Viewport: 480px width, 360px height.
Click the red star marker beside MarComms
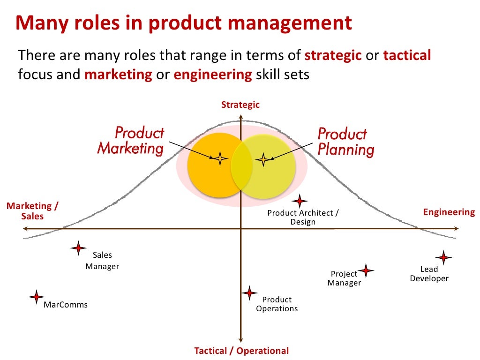tap(36, 297)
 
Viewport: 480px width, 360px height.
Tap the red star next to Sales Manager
tap(78, 248)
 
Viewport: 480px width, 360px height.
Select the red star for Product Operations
tap(249, 293)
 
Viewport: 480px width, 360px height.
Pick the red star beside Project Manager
tap(366, 270)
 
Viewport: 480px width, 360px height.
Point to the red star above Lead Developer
tap(443, 257)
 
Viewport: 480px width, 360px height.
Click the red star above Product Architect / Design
tap(300, 201)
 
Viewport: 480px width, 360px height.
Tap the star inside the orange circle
tap(219, 158)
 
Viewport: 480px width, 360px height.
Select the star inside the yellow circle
tap(263, 159)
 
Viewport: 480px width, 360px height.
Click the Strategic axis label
tap(240, 105)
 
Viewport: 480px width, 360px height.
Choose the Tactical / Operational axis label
tap(241, 351)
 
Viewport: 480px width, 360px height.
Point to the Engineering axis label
tap(449, 212)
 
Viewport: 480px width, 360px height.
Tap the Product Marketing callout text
tap(131, 141)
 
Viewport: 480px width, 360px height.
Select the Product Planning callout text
tap(346, 142)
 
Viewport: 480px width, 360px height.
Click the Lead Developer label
tap(429, 274)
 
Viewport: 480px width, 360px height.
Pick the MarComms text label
tap(66, 305)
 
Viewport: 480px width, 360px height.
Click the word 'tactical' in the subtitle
tap(407, 56)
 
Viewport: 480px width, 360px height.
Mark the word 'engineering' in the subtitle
tap(212, 75)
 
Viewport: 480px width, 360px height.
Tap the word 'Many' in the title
tap(38, 23)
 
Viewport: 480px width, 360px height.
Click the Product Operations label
tap(277, 304)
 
